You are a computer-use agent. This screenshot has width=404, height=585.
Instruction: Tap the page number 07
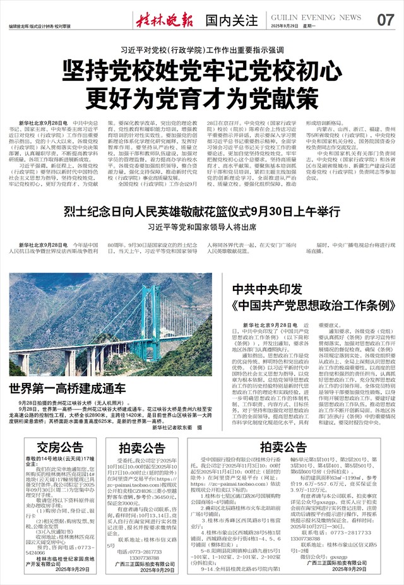[x=385, y=20]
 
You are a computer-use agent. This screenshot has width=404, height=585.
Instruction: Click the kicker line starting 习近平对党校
[x=201, y=49]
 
